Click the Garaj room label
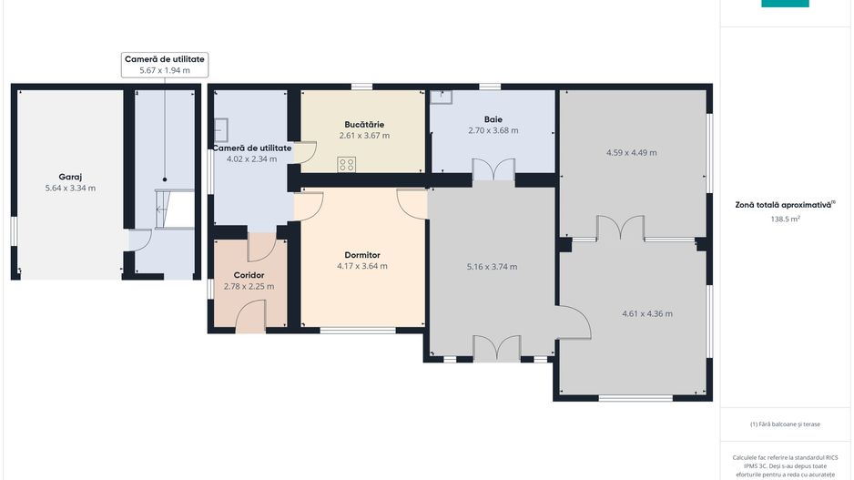click(x=70, y=177)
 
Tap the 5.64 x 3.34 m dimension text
click(x=70, y=189)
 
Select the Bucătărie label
click(x=364, y=124)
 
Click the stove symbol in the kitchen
click(x=346, y=165)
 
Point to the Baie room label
click(x=493, y=119)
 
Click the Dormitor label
click(x=362, y=255)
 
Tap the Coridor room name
click(x=249, y=275)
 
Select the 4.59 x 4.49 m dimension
click(x=632, y=152)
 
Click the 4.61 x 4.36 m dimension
click(x=647, y=314)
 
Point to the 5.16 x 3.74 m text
click(x=492, y=267)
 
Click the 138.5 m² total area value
click(x=785, y=219)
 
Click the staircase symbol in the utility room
click(x=175, y=209)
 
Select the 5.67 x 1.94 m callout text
click(x=165, y=70)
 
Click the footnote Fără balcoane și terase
click(x=785, y=424)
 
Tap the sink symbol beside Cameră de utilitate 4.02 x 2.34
click(x=220, y=130)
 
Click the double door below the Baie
click(x=493, y=169)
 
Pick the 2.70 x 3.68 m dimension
click(x=493, y=131)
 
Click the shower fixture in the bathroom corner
click(x=442, y=97)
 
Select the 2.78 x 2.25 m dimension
click(x=249, y=287)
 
